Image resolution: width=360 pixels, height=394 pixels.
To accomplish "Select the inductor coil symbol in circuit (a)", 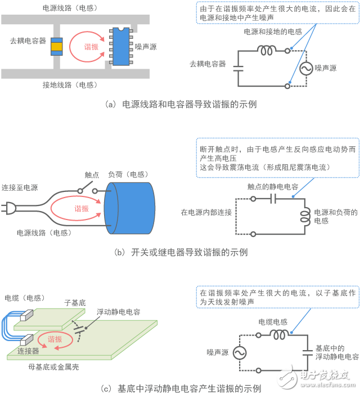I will click(x=267, y=50).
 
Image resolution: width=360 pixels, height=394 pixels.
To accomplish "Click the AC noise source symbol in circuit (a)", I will click(x=307, y=68).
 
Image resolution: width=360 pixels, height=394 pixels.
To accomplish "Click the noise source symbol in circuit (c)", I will click(x=238, y=352).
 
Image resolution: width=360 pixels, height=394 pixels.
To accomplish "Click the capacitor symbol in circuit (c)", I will click(x=308, y=352).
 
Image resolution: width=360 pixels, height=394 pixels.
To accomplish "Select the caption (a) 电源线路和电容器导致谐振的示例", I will click(x=179, y=104).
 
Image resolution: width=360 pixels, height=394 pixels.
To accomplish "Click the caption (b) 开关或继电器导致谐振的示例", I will click(x=179, y=252).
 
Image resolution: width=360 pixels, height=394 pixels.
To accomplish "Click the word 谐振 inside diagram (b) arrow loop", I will click(x=82, y=208).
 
